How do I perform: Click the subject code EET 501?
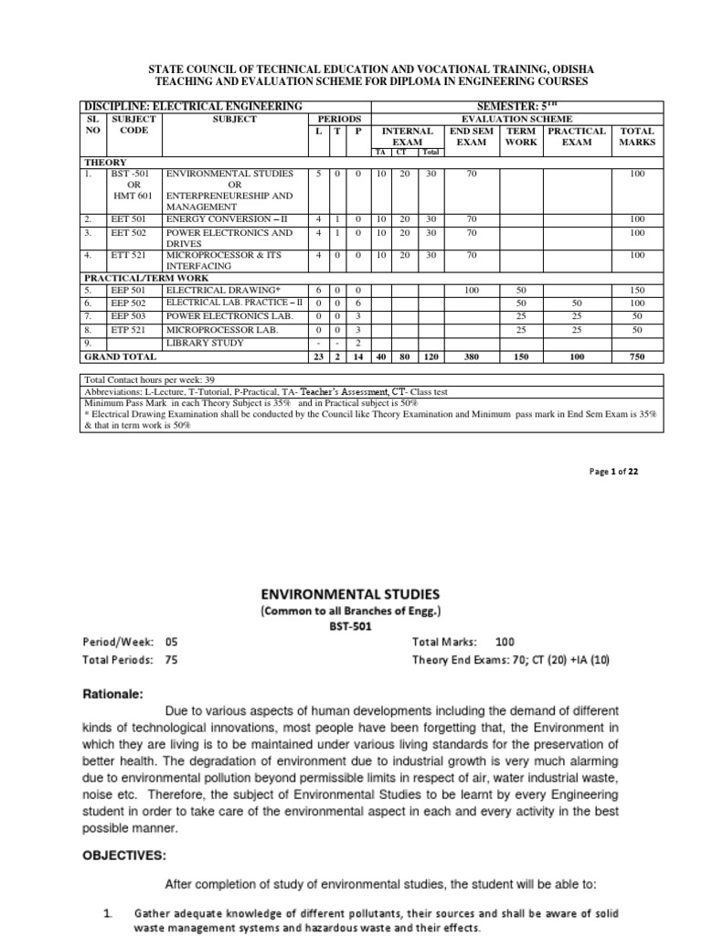[x=127, y=219]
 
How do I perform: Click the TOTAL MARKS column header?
[x=637, y=136]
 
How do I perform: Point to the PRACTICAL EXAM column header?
[x=576, y=136]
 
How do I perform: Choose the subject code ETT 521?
[x=127, y=255]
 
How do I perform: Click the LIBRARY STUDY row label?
[x=204, y=342]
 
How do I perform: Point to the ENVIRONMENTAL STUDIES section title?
[x=340, y=592]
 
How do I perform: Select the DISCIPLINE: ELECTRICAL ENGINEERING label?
[x=193, y=107]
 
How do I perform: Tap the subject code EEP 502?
[x=127, y=303]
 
